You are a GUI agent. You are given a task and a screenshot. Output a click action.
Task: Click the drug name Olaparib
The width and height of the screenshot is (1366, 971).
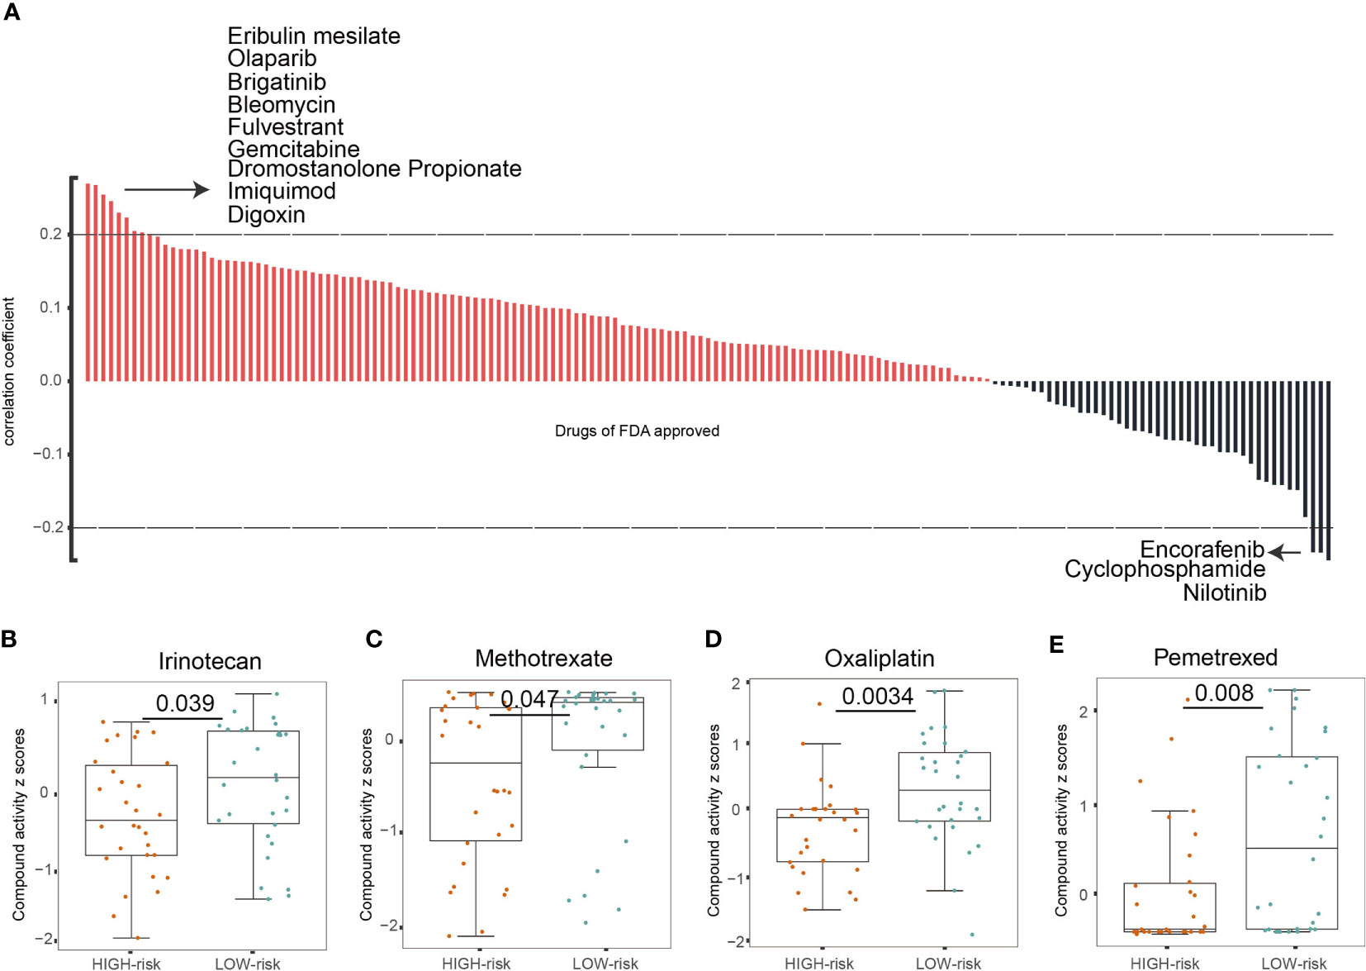[272, 59]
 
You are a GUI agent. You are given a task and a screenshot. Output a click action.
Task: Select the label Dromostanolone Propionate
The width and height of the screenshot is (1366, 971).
[374, 169]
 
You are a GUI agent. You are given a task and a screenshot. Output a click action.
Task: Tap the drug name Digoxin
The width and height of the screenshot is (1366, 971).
[266, 215]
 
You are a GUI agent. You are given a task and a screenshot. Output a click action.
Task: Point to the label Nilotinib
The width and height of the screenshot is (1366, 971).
[1224, 593]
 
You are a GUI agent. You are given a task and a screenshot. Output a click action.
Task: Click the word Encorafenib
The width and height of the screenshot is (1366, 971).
[1202, 550]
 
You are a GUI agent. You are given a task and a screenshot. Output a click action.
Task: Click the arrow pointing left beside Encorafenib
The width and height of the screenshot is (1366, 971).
[1284, 552]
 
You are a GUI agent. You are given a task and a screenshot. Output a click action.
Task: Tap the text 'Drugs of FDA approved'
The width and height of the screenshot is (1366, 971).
[637, 431]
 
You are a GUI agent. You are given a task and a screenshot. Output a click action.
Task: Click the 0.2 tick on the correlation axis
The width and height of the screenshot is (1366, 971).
[50, 235]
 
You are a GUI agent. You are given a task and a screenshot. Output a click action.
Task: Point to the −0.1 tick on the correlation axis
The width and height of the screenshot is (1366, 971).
[47, 454]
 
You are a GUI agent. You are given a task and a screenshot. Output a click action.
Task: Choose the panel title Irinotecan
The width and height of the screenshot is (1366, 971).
[210, 661]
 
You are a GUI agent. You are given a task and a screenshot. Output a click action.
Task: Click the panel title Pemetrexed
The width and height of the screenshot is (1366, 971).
[1215, 657]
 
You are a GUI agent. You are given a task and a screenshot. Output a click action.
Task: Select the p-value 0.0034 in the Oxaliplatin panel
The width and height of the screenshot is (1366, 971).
[877, 697]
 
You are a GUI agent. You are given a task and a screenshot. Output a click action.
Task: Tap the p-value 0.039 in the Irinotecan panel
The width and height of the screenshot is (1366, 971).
[185, 703]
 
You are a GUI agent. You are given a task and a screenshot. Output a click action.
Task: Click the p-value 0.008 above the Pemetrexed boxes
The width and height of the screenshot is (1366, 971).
[1224, 693]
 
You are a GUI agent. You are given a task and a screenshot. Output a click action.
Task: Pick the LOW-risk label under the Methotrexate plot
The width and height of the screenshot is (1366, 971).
[605, 964]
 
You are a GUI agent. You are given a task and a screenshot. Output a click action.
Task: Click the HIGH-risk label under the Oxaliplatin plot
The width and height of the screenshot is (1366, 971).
[818, 964]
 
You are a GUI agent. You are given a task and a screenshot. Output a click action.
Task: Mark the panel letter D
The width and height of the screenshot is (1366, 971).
[713, 639]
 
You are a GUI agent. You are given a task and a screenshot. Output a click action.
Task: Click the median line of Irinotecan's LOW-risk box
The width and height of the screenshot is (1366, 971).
[253, 778]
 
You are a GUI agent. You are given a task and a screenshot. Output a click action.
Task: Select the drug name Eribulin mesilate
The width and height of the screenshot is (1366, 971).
[314, 36]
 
